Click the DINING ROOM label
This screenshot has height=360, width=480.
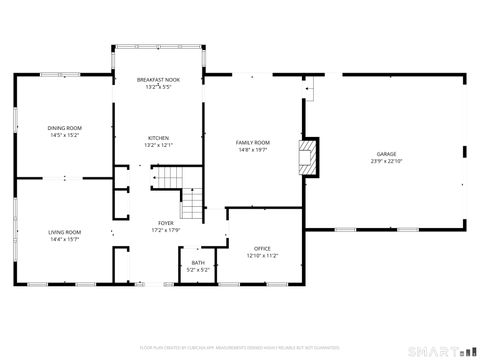pos(65,127)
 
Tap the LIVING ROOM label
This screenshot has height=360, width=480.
pos(65,232)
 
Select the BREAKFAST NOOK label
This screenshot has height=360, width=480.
pos(159,80)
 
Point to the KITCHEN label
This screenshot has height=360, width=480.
pos(159,138)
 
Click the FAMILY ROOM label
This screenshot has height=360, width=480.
pos(252,143)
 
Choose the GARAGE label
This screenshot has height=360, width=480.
pos(386,154)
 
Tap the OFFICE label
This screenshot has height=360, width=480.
pos(262,249)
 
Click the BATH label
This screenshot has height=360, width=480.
pos(198,263)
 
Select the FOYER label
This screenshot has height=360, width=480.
pos(165,223)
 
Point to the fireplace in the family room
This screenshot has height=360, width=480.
pos(308,156)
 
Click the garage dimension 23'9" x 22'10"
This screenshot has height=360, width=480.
pos(386,161)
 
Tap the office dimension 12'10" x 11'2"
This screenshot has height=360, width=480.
pos(262,256)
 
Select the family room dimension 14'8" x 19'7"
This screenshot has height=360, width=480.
pos(252,150)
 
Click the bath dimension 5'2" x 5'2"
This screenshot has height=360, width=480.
pos(198,270)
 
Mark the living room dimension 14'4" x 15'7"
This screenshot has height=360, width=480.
pos(65,239)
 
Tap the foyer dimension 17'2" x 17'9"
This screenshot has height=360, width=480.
pos(165,230)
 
